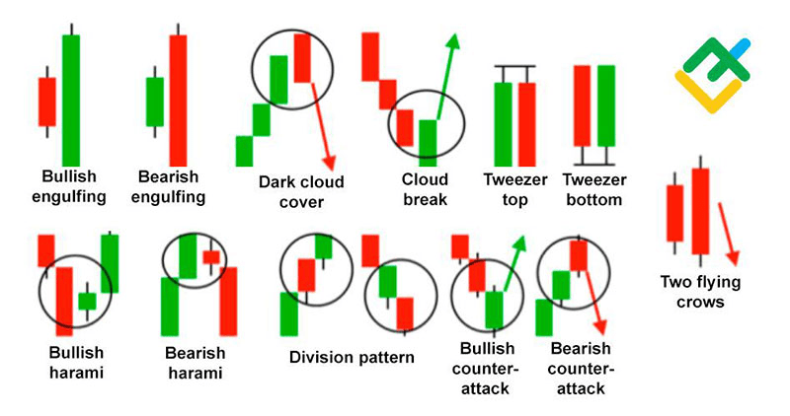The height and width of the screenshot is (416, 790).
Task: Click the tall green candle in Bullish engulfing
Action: [71, 101]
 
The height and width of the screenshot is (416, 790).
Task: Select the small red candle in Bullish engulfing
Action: [46, 102]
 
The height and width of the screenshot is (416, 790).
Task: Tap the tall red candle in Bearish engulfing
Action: [178, 101]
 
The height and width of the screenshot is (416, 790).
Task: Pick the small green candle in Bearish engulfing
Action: [155, 102]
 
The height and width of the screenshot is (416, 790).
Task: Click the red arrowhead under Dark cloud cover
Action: [329, 162]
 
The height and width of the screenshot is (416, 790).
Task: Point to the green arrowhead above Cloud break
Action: [453, 41]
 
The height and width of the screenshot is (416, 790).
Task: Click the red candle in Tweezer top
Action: [527, 124]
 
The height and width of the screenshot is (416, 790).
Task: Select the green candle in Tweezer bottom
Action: [606, 105]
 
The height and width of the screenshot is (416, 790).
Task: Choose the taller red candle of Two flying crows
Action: [700, 211]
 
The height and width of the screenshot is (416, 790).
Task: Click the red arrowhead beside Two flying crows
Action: [734, 258]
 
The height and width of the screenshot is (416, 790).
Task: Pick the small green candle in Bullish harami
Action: [87, 302]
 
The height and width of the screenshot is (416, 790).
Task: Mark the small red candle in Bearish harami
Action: [211, 257]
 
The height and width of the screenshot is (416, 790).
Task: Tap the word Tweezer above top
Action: [514, 179]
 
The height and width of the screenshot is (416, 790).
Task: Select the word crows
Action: [700, 302]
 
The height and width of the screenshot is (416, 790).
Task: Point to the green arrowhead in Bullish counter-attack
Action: [519, 243]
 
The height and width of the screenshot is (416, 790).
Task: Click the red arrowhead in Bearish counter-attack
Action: [599, 327]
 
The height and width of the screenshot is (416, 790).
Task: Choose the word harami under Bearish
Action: [195, 373]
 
